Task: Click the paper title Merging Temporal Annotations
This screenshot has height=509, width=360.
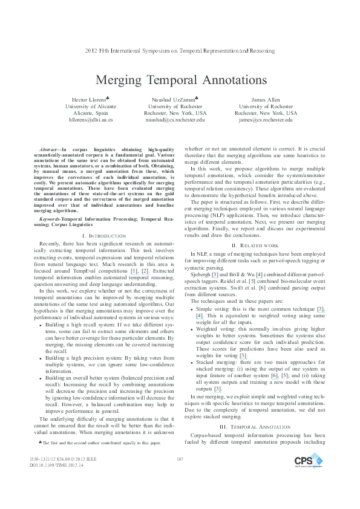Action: click(x=180, y=80)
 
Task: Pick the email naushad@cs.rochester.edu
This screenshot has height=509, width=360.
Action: click(x=175, y=120)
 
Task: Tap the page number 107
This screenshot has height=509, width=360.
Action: click(x=180, y=477)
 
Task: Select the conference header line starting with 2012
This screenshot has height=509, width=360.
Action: click(x=180, y=51)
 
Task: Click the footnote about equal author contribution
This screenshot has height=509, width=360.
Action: click(x=100, y=443)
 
